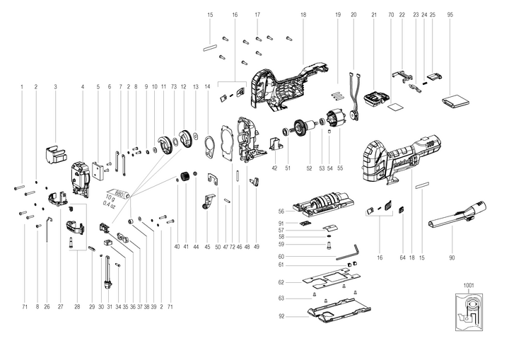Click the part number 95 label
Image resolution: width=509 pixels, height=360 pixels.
point(450,14)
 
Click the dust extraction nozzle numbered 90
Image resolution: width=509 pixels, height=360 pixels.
point(452,215)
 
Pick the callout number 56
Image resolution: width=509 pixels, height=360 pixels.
point(281,211)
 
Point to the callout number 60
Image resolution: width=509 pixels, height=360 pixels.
point(281,256)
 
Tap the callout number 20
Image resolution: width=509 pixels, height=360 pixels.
point(353,14)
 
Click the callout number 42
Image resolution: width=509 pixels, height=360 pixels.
point(274,168)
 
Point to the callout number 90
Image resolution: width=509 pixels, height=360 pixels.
point(452,258)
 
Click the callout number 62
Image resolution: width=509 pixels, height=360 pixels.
point(281,281)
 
